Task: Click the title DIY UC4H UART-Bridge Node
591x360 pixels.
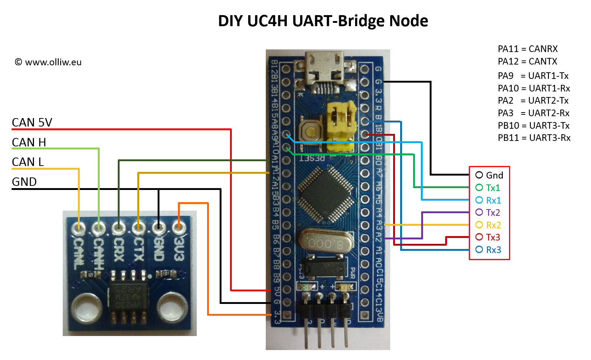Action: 323,21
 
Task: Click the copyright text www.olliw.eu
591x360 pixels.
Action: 48,62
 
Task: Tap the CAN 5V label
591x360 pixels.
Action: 32,122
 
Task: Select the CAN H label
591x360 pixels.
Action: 29,142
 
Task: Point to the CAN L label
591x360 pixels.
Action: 28,162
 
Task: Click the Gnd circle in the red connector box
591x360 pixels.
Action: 479,175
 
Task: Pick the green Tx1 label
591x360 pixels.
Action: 493,188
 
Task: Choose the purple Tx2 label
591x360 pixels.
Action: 493,212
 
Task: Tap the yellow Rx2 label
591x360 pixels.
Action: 493,225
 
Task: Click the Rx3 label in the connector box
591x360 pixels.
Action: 493,250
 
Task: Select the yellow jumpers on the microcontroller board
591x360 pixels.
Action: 341,125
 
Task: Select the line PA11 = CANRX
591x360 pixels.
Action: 528,49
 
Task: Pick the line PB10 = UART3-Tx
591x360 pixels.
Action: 533,126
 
